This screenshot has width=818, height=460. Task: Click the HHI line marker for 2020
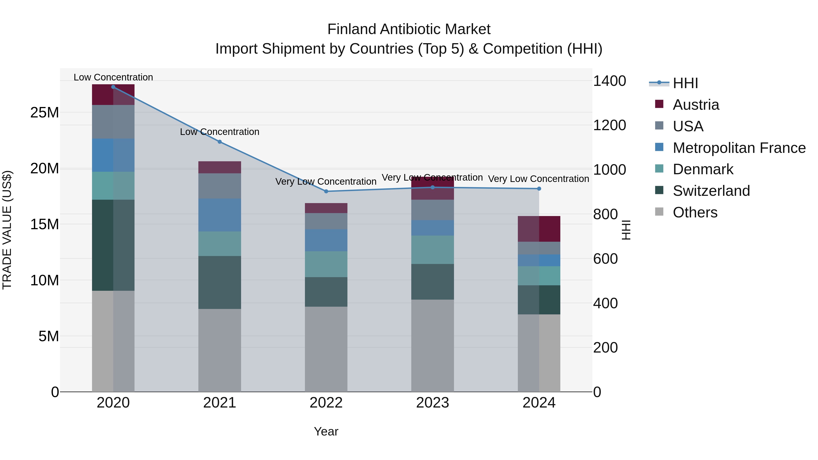[x=113, y=87]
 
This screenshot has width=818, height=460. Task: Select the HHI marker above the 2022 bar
[x=326, y=191]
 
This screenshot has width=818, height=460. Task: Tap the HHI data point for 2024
[x=539, y=189]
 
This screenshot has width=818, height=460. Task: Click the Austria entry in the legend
[x=696, y=104]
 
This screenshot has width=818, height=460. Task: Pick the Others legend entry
[x=695, y=212]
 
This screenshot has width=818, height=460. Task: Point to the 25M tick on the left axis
[x=45, y=112]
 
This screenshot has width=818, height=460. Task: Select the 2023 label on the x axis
[x=432, y=403]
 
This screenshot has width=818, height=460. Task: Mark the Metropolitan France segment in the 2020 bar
[x=113, y=155]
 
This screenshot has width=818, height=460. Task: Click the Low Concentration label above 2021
[x=219, y=132]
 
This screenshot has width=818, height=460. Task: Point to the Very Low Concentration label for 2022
[x=326, y=181]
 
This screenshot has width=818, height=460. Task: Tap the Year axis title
[x=326, y=431]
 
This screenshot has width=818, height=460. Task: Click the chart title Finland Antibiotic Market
[x=409, y=29]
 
